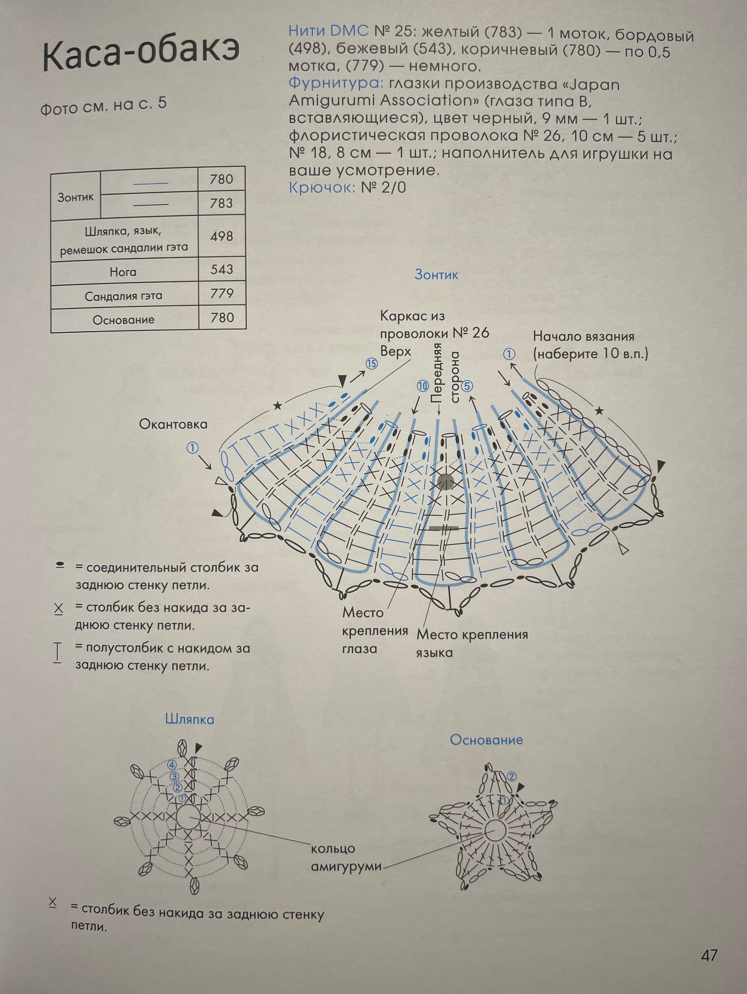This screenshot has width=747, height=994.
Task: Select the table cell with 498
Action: click(x=222, y=236)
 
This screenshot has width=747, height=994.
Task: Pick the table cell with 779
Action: click(x=222, y=294)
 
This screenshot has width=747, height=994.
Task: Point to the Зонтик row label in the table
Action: click(x=76, y=197)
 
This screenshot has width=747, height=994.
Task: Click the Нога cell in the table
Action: click(x=123, y=272)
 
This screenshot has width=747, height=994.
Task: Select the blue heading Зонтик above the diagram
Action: click(x=436, y=275)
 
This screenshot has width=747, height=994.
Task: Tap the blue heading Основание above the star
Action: click(x=487, y=740)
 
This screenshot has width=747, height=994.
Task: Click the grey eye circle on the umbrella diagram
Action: click(x=446, y=481)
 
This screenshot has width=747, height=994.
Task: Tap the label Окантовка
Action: click(x=173, y=424)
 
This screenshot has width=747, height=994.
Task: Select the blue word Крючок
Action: click(x=321, y=187)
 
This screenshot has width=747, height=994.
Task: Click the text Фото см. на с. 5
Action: click(x=104, y=106)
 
